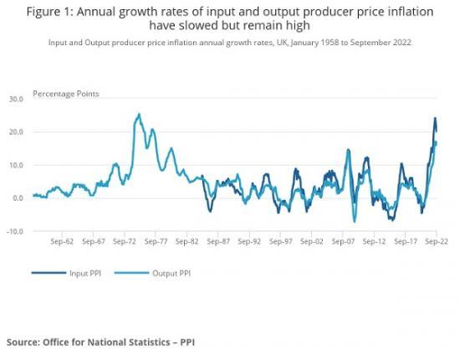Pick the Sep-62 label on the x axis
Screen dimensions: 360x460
pyautogui.click(x=63, y=241)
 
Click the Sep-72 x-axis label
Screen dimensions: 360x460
pyautogui.click(x=125, y=241)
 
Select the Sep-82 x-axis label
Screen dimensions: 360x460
pyautogui.click(x=187, y=241)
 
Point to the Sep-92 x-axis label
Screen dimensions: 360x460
pyautogui.click(x=248, y=241)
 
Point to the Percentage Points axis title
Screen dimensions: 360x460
pyautogui.click(x=66, y=94)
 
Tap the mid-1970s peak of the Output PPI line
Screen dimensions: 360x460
pyautogui.click(x=139, y=114)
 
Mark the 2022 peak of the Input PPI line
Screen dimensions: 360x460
pyautogui.click(x=435, y=118)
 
